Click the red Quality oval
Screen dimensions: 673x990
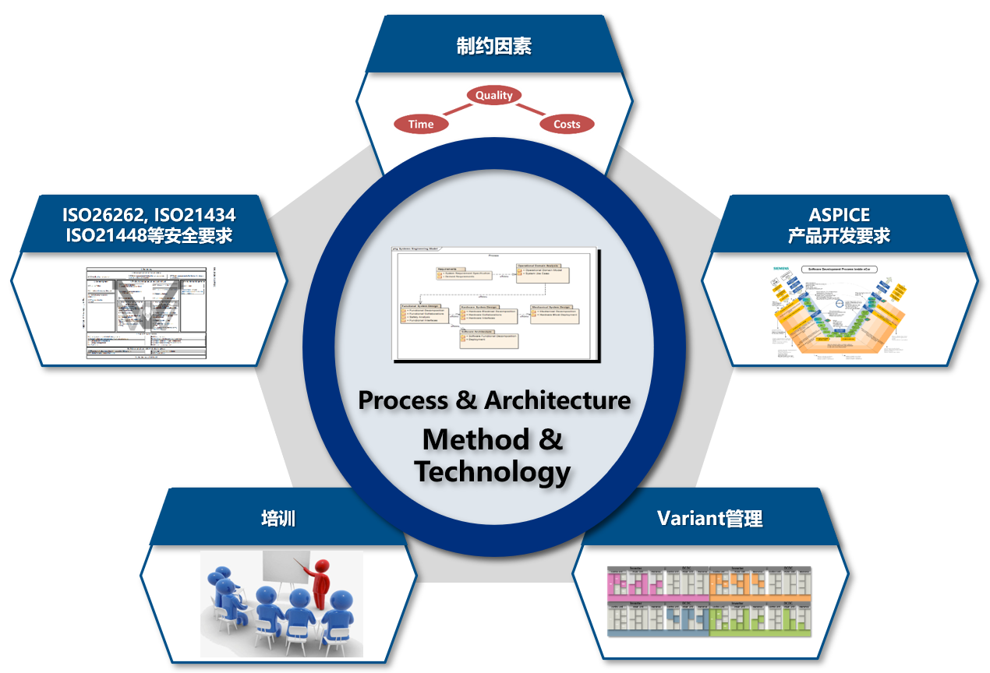[494, 95]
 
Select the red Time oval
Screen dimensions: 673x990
[421, 124]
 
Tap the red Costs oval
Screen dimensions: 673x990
[567, 124]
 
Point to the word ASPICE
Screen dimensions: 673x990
[839, 214]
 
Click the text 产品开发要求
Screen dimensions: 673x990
[839, 235]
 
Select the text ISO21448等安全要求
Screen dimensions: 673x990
[149, 235]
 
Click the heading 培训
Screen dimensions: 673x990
[278, 519]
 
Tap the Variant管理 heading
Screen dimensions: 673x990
[709, 518]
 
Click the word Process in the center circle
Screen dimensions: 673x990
[402, 400]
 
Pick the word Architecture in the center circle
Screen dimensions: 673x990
[557, 400]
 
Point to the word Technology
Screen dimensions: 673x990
[492, 472]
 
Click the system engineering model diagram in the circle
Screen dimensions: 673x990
[494, 303]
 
